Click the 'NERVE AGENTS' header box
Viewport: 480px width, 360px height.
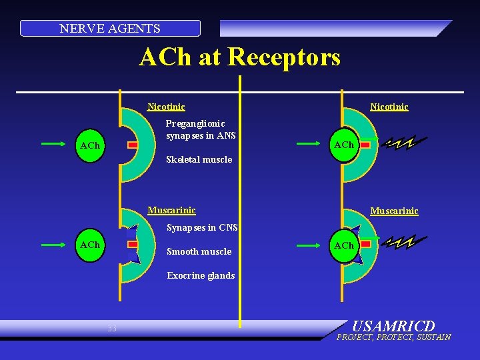pos(110,29)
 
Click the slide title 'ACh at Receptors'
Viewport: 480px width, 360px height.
pos(239,57)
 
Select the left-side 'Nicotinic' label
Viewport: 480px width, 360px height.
pos(166,107)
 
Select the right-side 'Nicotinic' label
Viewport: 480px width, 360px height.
pos(389,107)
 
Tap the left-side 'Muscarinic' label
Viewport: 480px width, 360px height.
pos(171,211)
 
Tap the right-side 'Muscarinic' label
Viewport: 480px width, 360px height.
pos(394,211)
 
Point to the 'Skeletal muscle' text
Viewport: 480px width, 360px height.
pos(199,159)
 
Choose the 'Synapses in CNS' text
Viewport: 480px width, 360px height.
pos(202,228)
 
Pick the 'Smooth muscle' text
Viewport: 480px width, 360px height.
pos(199,251)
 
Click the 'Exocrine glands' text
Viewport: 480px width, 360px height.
pos(201,275)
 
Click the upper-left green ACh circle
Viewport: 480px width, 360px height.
pos(89,145)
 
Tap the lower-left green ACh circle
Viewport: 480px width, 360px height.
pos(89,245)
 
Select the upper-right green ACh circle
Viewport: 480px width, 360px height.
pos(344,144)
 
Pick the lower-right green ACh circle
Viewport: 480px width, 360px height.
pos(344,245)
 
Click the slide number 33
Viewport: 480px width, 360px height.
pos(112,328)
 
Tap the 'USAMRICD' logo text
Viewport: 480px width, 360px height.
pos(393,327)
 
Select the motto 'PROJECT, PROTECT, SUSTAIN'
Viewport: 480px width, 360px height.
pos(393,337)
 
